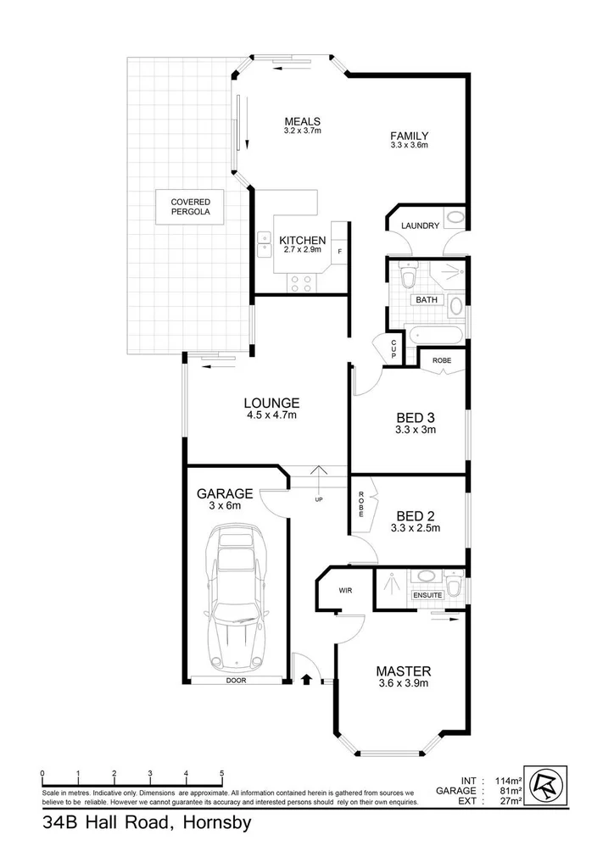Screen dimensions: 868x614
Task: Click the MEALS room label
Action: click(x=302, y=121)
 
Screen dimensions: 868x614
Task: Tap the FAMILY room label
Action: click(x=409, y=136)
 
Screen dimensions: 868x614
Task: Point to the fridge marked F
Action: click(x=339, y=252)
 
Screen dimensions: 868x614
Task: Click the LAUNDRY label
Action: click(x=421, y=225)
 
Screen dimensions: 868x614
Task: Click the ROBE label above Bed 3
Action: click(x=442, y=360)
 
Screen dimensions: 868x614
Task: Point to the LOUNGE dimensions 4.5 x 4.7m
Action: click(x=271, y=415)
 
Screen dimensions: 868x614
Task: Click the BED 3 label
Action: click(x=416, y=417)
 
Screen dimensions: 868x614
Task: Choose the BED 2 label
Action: click(x=416, y=515)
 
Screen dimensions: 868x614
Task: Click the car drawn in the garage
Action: click(x=235, y=598)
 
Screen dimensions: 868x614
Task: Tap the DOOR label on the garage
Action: click(x=236, y=681)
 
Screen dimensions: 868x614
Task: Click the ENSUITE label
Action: click(x=428, y=595)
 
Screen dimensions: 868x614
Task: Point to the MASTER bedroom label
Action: click(x=404, y=670)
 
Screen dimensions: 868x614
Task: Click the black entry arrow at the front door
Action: click(x=307, y=678)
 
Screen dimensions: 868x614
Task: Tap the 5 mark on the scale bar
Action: click(x=222, y=773)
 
